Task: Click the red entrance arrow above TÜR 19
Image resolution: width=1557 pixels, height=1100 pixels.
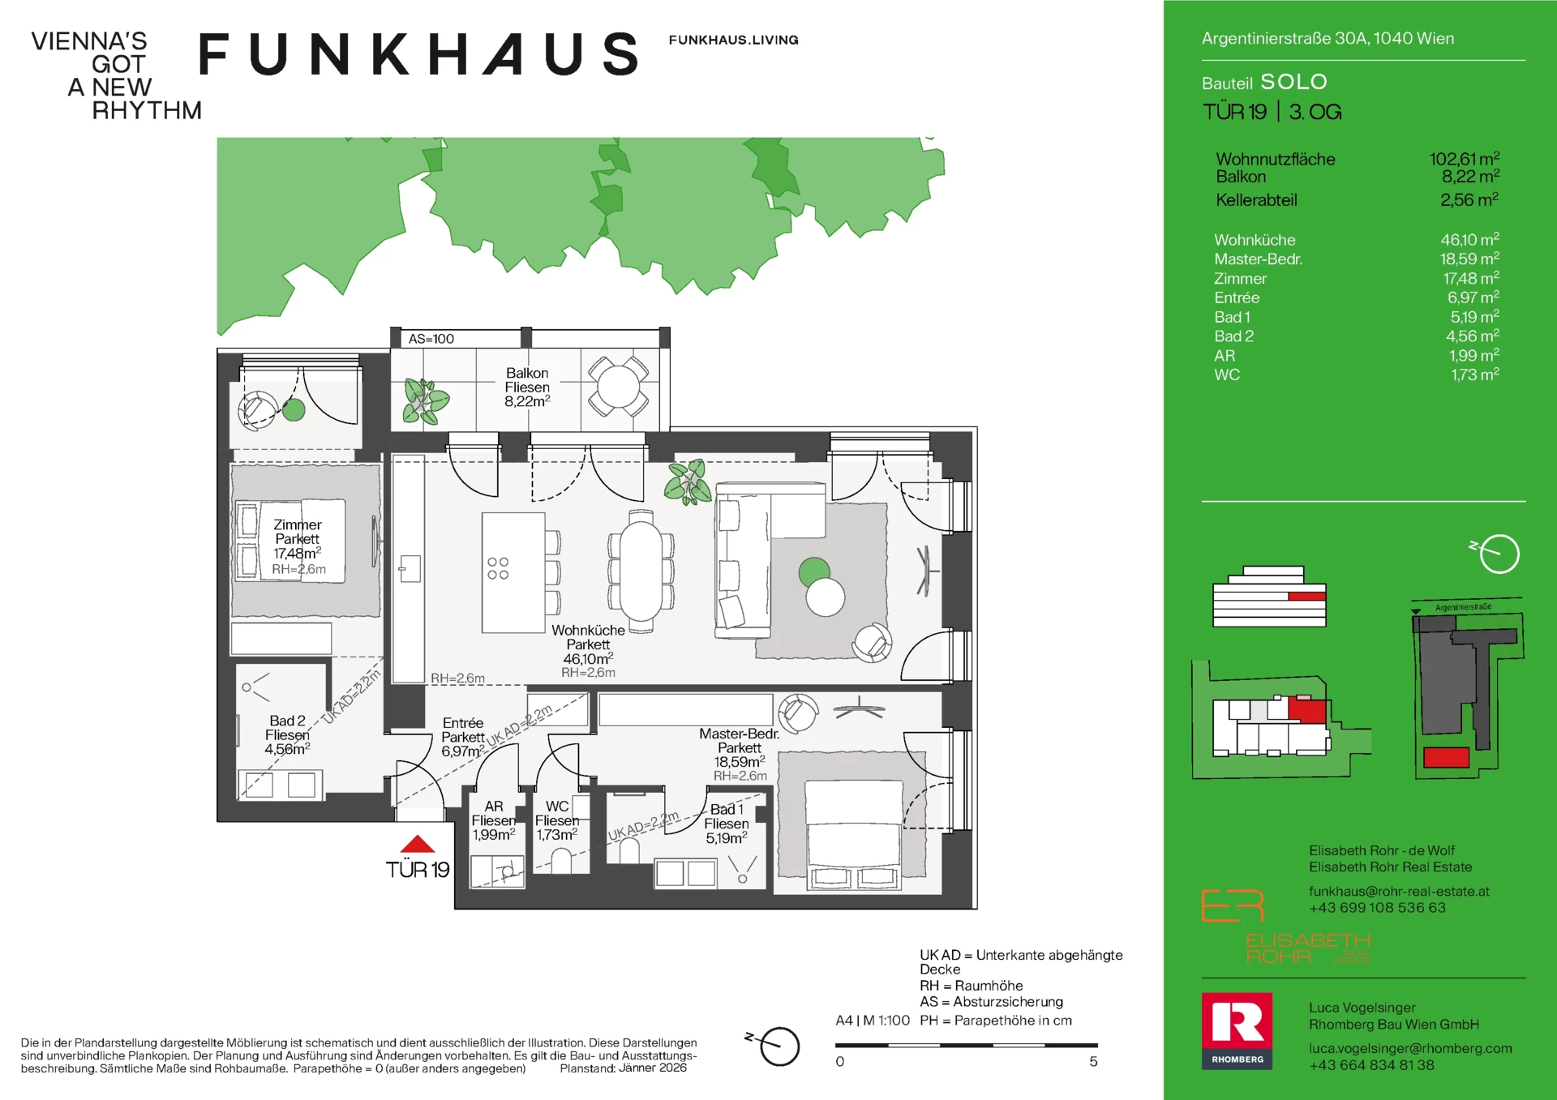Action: (418, 845)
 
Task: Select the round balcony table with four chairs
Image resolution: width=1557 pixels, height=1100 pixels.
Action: (619, 387)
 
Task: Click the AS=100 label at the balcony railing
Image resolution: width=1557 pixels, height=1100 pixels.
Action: (431, 339)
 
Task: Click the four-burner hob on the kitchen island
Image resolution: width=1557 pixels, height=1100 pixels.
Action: (498, 568)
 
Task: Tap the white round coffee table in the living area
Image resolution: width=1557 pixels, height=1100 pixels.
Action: (826, 597)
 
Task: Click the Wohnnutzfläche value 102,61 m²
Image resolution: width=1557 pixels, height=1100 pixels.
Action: (1464, 159)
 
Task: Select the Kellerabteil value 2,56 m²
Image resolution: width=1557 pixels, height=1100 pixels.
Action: (1469, 200)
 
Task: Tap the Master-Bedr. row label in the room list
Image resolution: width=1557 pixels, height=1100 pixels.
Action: (1258, 259)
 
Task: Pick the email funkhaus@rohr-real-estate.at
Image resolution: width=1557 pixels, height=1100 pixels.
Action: (1399, 891)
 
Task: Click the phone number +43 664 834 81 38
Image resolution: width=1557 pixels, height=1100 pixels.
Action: (1371, 1065)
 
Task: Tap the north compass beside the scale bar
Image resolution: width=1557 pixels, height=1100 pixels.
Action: (778, 1046)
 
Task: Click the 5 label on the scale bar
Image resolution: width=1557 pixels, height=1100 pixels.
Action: (1093, 1062)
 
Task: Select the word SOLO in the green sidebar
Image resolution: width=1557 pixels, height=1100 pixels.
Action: (1293, 82)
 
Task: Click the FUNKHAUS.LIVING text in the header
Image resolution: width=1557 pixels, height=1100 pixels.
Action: (733, 40)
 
